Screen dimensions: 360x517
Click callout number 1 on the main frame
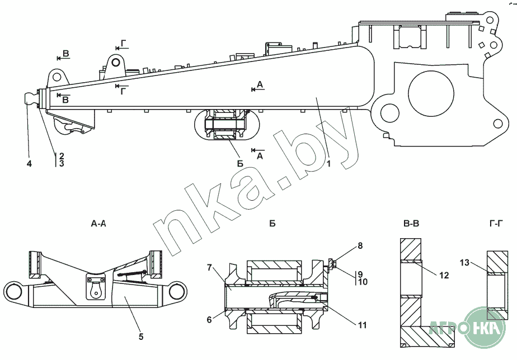[x=329, y=164]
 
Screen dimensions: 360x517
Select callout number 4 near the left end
[x=30, y=164]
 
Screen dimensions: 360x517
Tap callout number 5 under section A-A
[x=141, y=337]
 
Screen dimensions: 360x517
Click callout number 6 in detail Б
[x=209, y=319]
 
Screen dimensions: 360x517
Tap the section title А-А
[x=98, y=224]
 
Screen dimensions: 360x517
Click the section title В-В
[x=411, y=224]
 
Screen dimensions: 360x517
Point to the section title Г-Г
[x=495, y=224]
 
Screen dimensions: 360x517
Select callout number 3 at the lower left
[x=61, y=164]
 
